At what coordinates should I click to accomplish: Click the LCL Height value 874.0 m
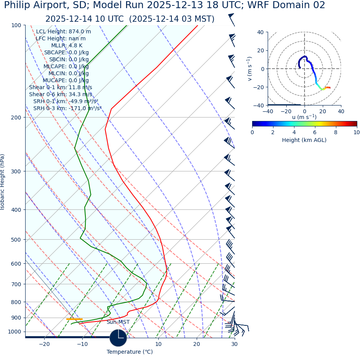tap(80, 32)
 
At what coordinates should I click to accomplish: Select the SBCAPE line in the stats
tap(66, 53)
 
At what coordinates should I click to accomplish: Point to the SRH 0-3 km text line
tap(67, 108)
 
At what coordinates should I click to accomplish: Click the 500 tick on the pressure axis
tap(16, 240)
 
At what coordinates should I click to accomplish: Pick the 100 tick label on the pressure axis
tap(16, 25)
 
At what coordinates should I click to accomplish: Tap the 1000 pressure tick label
tap(15, 332)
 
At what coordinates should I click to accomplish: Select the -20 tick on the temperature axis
tap(44, 344)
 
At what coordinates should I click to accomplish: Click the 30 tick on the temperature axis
tap(234, 344)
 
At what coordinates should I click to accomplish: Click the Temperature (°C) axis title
tap(130, 352)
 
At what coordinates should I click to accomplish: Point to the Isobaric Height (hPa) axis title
tap(3, 182)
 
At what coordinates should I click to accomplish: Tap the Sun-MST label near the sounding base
tap(118, 322)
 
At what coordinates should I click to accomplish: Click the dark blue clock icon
tap(118, 338)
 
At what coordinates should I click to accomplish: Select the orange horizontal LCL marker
tap(74, 319)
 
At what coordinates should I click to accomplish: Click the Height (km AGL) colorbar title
tap(304, 140)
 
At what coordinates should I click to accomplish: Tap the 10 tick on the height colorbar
tap(356, 132)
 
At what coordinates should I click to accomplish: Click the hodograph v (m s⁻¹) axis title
tap(250, 69)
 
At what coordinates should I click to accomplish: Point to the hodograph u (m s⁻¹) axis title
tap(304, 117)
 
